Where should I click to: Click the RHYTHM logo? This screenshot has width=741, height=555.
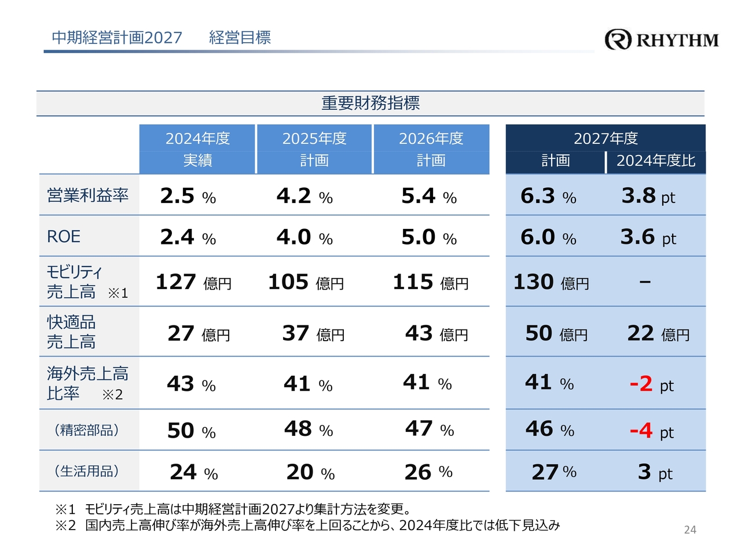point(662,39)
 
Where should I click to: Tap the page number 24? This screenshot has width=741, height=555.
point(690,530)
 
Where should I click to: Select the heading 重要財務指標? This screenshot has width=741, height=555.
point(370,103)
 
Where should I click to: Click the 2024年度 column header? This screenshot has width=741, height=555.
point(197,139)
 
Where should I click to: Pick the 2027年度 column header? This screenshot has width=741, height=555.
point(606,139)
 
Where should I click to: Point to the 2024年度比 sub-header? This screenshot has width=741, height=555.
point(656,161)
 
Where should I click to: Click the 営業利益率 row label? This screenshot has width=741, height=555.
point(88,195)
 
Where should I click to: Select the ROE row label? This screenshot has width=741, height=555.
point(64,236)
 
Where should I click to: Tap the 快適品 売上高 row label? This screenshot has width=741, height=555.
point(71,332)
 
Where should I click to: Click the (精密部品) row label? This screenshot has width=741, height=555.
point(87,430)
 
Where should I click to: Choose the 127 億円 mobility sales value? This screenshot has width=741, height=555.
point(193,282)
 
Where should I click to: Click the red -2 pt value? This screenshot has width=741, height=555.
point(651,384)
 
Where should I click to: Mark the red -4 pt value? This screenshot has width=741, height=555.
point(651,431)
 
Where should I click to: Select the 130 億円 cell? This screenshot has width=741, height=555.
point(551,282)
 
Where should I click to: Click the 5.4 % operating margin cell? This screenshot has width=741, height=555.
point(429,196)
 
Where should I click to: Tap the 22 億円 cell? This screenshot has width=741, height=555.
point(658,334)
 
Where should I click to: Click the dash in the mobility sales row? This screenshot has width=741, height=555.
point(645,282)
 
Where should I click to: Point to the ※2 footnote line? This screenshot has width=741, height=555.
point(307,525)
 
